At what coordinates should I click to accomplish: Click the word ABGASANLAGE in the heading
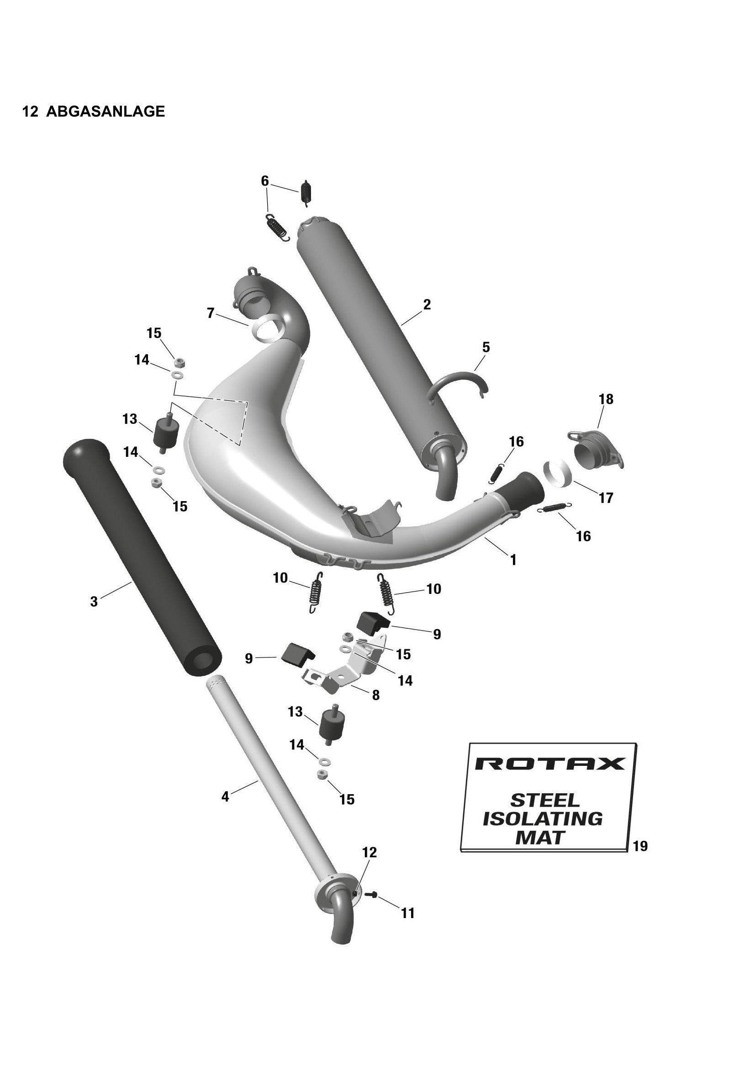point(106,111)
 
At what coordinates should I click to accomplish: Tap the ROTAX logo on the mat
point(549,764)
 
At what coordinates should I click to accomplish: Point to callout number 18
point(606,399)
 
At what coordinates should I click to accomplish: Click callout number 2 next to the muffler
point(427,305)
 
